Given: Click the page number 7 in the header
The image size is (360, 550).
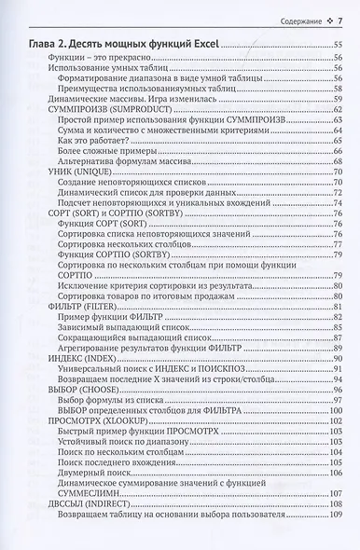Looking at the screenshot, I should coord(342,21).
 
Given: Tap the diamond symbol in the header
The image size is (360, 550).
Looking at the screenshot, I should coord(329,21).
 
